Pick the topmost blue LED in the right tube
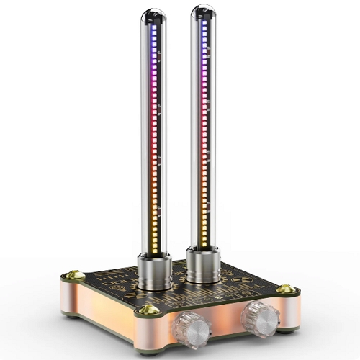point(204,22)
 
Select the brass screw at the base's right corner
point(286,289)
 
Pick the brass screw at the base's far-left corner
point(72,274)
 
